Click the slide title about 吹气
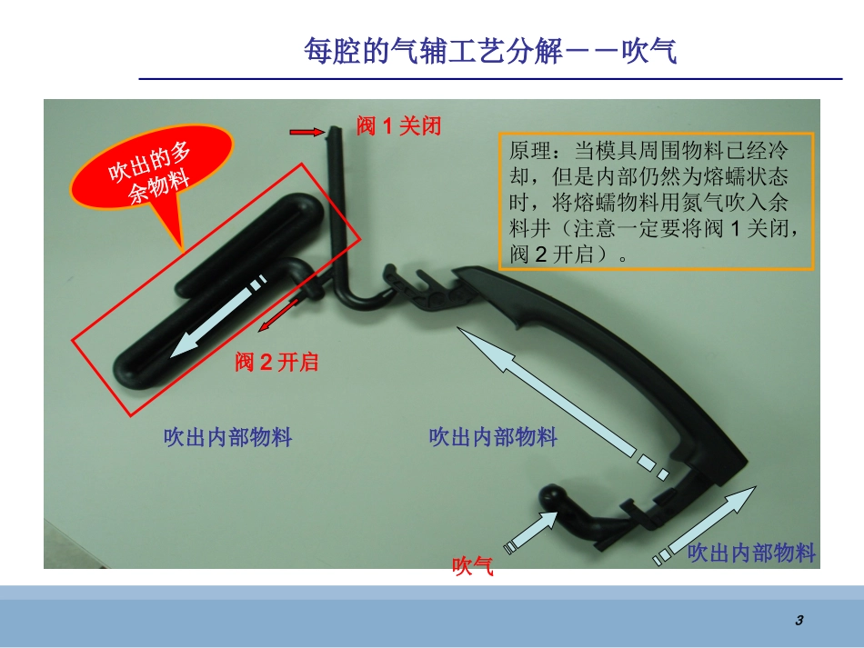[490, 51]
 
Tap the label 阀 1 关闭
[398, 126]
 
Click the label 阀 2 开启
[276, 363]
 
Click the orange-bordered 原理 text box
[656, 201]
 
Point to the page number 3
[799, 621]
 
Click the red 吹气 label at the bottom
[473, 568]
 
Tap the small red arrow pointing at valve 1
[306, 133]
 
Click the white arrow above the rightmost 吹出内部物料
[706, 524]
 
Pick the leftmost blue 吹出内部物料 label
[227, 437]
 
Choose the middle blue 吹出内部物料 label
[493, 437]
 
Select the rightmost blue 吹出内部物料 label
[751, 553]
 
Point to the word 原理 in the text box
[529, 149]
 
